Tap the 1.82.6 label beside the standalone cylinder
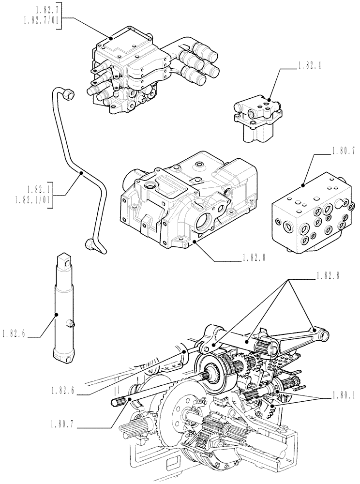click(x=17, y=334)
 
